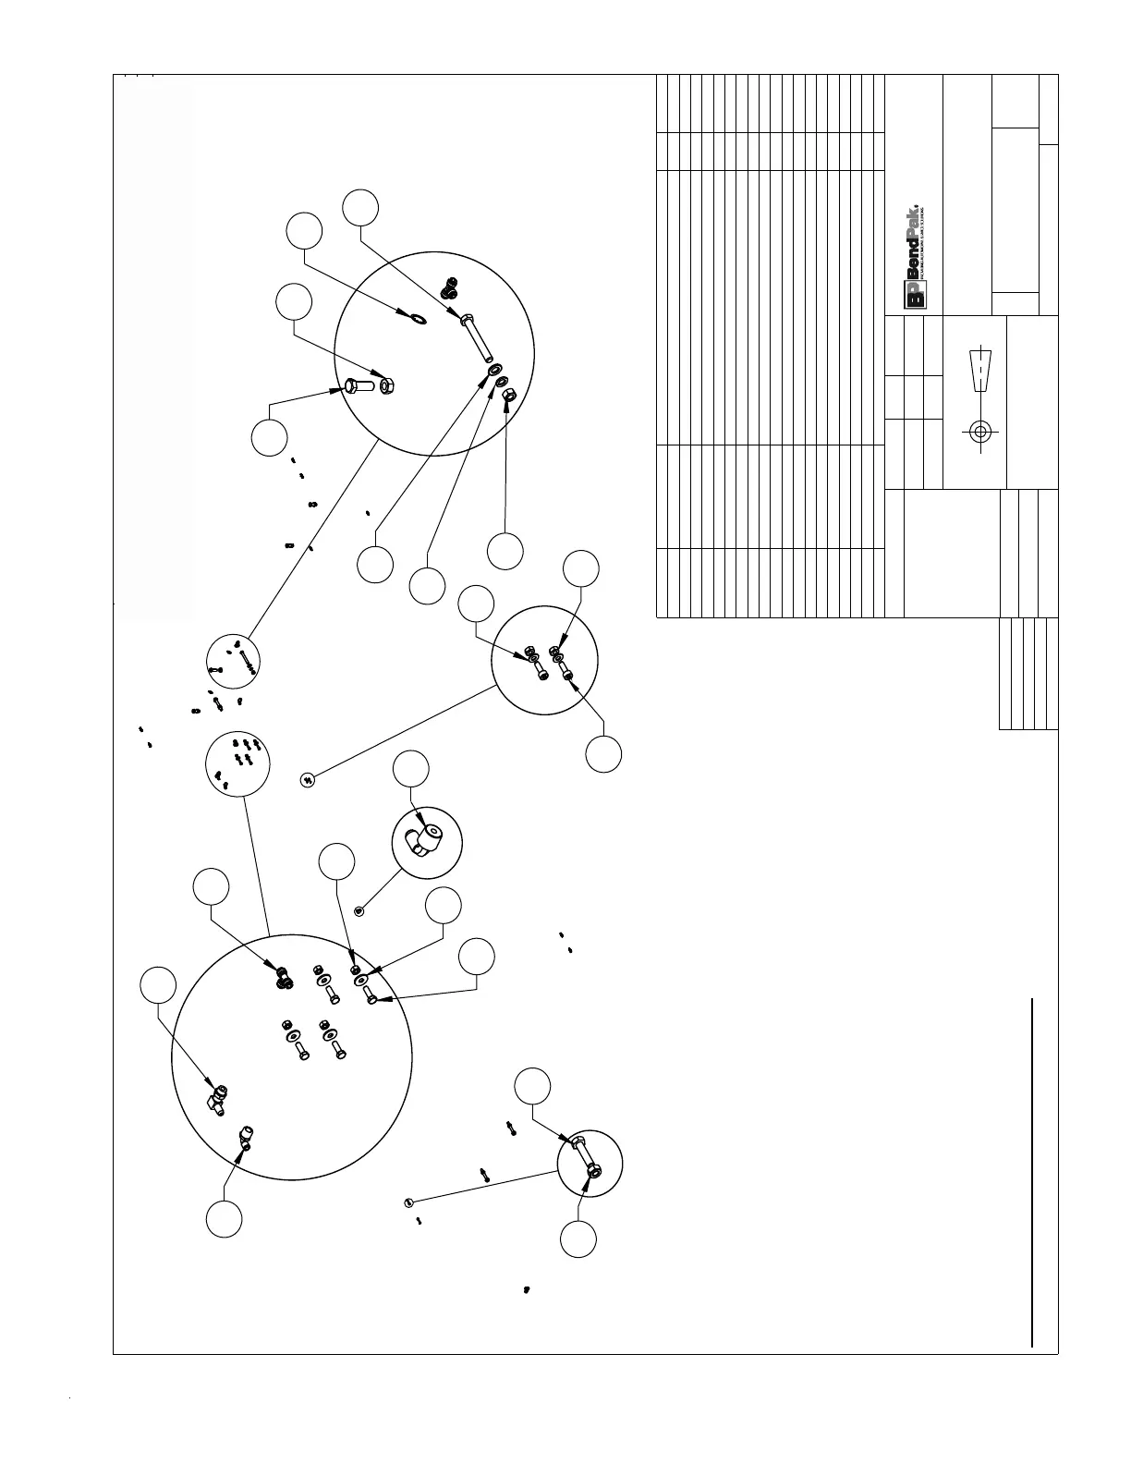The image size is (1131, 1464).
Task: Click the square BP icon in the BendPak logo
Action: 915,296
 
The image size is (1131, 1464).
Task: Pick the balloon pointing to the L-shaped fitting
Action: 411,769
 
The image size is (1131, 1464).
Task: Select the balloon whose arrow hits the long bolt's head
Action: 360,207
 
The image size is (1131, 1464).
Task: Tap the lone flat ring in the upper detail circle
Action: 417,320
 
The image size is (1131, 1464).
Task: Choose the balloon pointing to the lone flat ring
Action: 304,231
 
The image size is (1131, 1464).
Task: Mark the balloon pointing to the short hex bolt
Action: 269,437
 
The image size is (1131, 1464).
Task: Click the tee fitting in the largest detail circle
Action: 217,1098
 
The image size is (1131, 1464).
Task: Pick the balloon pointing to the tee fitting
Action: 158,985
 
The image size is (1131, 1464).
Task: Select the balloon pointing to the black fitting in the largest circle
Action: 211,885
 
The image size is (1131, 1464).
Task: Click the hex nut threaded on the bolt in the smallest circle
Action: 593,1171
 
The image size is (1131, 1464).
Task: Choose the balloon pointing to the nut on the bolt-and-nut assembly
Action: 578,1239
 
